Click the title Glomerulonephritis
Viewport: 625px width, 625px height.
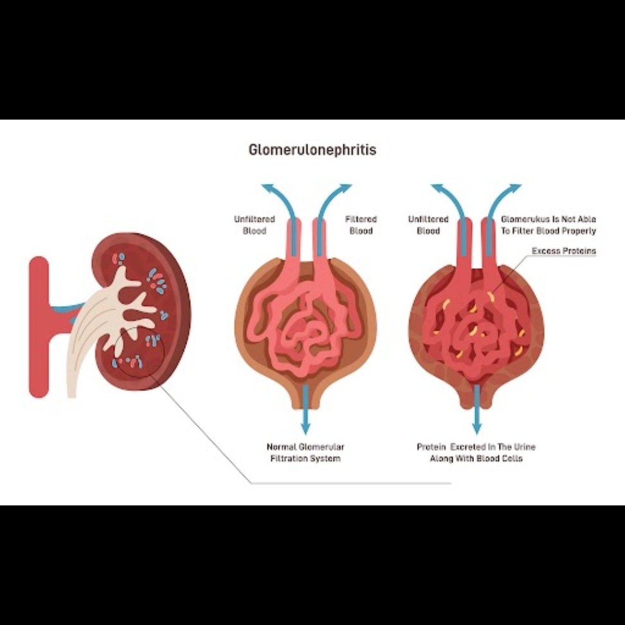tap(312, 150)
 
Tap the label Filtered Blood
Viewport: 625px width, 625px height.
tap(361, 225)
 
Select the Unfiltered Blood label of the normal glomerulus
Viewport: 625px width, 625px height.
tap(254, 225)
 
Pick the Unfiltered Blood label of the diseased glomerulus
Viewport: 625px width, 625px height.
tap(428, 225)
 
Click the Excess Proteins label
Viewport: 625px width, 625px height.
tap(564, 251)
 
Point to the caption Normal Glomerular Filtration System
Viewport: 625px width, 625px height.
tap(305, 453)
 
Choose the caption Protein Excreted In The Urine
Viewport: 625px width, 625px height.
tap(476, 447)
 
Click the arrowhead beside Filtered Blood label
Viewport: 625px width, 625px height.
tap(343, 188)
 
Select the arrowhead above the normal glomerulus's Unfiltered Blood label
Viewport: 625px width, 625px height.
tap(270, 188)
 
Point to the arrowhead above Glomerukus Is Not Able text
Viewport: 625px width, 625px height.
tap(512, 188)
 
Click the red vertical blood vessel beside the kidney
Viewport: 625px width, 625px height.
tap(39, 327)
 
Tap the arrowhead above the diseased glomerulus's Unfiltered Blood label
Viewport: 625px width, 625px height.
tap(440, 188)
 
